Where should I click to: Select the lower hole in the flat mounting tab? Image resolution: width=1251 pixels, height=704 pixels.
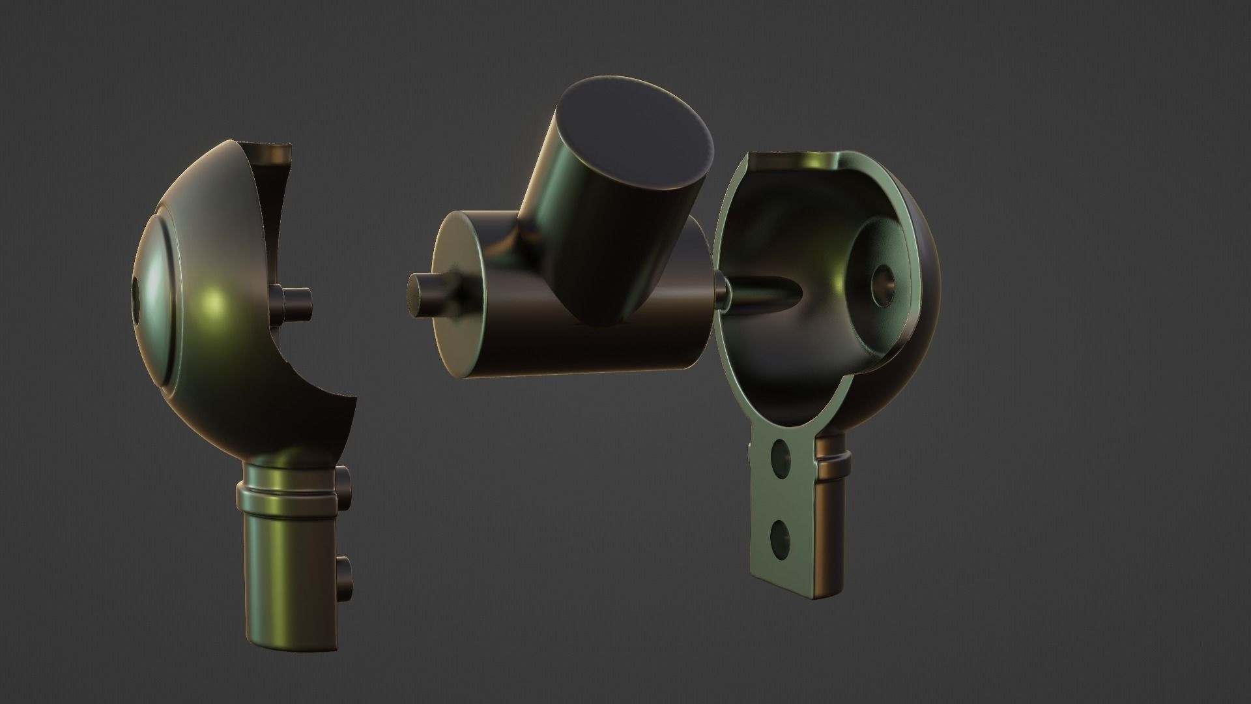779,538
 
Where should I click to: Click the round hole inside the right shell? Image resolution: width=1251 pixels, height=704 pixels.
884,284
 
